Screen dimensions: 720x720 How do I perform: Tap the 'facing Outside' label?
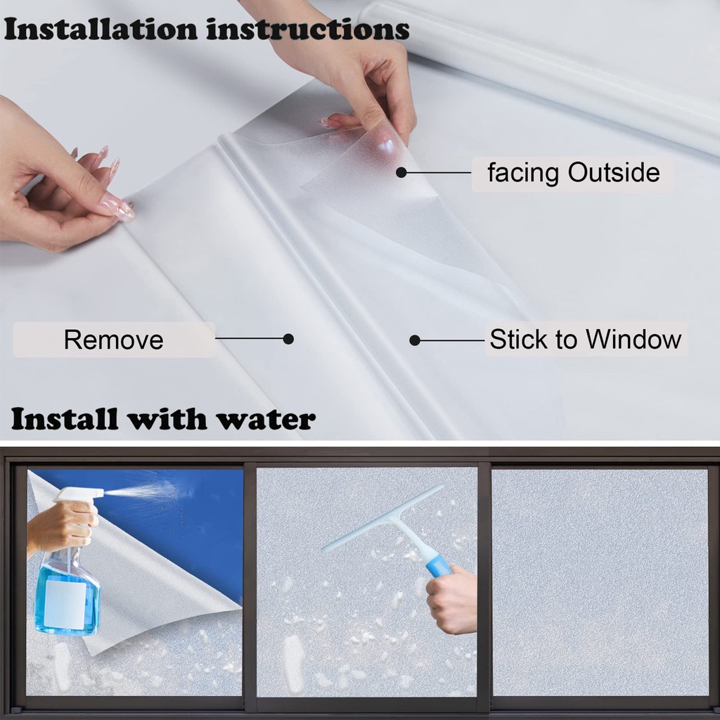[573, 173]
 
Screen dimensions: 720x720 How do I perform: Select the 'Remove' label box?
[113, 340]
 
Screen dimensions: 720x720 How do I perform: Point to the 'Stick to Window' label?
[585, 340]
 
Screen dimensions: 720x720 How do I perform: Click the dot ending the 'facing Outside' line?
[401, 172]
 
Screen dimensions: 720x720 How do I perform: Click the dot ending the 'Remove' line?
[288, 339]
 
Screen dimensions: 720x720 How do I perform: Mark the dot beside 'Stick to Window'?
[415, 340]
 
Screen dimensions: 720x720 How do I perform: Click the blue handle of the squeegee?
[437, 565]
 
